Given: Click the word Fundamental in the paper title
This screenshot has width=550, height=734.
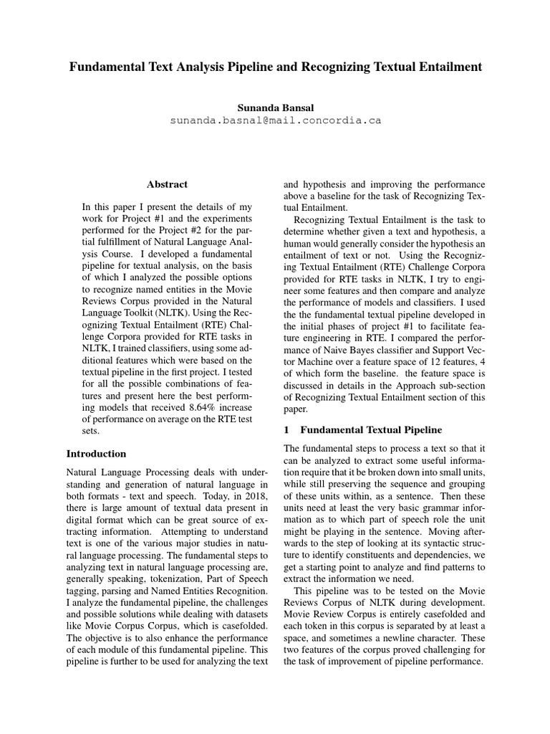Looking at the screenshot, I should (x=105, y=67).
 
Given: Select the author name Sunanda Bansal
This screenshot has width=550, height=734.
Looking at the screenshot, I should (x=275, y=108).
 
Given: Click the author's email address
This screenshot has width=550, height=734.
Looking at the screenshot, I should (x=275, y=121).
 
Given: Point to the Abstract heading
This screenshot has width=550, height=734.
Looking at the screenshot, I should (x=167, y=184).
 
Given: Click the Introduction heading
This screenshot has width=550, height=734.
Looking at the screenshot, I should (x=96, y=454).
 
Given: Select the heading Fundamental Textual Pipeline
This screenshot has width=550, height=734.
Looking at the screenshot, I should (x=371, y=429).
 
